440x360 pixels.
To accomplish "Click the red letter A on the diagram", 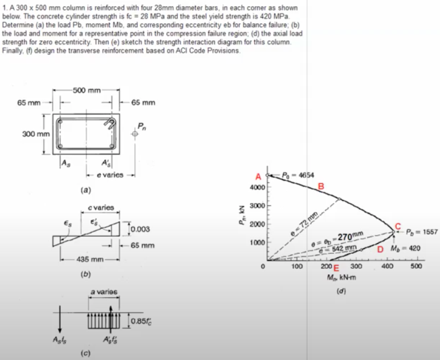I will tap(258, 176).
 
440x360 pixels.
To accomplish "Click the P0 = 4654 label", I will tap(299, 175).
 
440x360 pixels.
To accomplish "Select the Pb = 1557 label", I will tap(422, 232).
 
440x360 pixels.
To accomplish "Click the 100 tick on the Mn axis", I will tap(296, 266).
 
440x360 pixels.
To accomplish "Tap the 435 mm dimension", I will tap(88, 260).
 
